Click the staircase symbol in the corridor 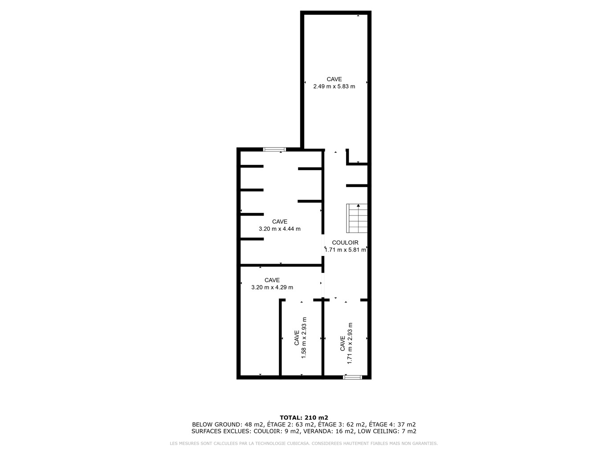click(357, 218)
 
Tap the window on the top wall click(274, 150)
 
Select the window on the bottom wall click(352, 377)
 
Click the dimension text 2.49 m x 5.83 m click(334, 86)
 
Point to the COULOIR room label click(345, 243)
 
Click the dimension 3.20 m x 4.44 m click(279, 229)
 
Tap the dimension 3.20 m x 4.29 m click(272, 287)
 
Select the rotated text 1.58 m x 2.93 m click(304, 338)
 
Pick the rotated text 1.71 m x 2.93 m click(350, 343)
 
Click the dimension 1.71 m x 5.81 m click(345, 250)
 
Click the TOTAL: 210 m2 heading click(304, 418)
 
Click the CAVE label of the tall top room click(334, 79)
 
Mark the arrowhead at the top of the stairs click(358, 205)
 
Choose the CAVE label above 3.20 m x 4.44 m click(279, 221)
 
